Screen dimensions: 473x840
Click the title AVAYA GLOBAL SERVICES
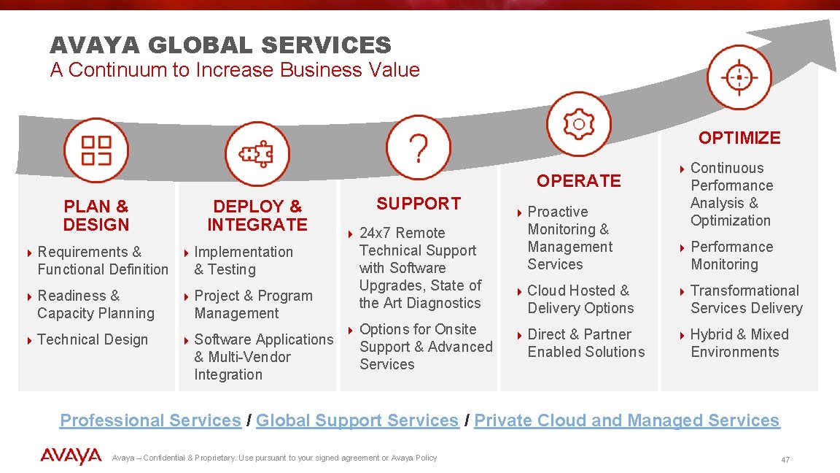220,45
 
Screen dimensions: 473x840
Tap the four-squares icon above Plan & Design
96,150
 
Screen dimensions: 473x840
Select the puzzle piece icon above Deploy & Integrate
257,153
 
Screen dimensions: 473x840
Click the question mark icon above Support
418,147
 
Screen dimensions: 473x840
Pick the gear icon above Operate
579,124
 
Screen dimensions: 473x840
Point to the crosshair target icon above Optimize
739,77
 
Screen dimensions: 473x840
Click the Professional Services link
150,420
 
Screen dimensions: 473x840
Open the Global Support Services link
357,420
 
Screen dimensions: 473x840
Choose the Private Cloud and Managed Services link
627,420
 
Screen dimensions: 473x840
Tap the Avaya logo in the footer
71,457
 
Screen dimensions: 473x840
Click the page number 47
785,460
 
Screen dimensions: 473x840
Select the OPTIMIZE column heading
739,138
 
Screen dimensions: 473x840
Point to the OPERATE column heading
579,180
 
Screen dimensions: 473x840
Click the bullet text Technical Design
93,339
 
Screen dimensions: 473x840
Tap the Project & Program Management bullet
253,304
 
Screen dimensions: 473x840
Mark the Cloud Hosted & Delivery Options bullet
580,299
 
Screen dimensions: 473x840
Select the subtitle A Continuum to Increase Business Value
235,70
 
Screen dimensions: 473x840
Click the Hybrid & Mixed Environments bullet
739,343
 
